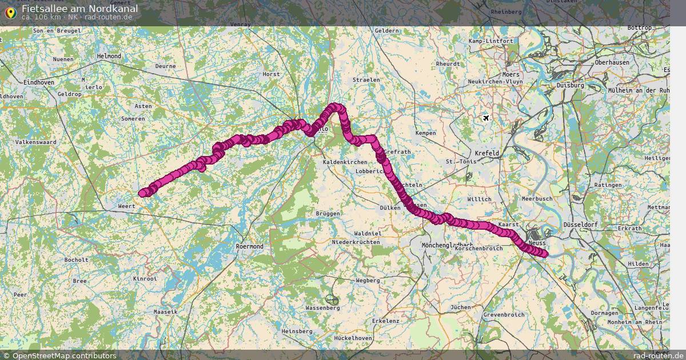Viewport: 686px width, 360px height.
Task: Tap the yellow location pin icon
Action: [x=10, y=13]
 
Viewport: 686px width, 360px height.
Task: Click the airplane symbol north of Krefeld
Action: [x=486, y=118]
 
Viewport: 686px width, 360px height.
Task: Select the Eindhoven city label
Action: [x=39, y=82]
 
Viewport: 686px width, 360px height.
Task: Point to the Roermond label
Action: [x=249, y=246]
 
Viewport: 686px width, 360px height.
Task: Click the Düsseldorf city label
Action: [x=580, y=225]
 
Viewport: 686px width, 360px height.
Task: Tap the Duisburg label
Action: [x=570, y=85]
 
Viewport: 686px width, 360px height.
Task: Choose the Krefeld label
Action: [x=486, y=153]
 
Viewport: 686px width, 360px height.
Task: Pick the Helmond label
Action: [x=109, y=56]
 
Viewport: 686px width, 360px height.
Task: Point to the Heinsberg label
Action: [x=297, y=331]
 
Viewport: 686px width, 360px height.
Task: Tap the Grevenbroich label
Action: [x=504, y=315]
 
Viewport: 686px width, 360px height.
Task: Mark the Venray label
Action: [x=240, y=25]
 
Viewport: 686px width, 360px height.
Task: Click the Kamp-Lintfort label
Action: [x=490, y=41]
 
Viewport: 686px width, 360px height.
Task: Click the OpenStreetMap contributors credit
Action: [x=59, y=355]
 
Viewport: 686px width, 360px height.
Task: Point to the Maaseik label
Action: [x=166, y=311]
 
